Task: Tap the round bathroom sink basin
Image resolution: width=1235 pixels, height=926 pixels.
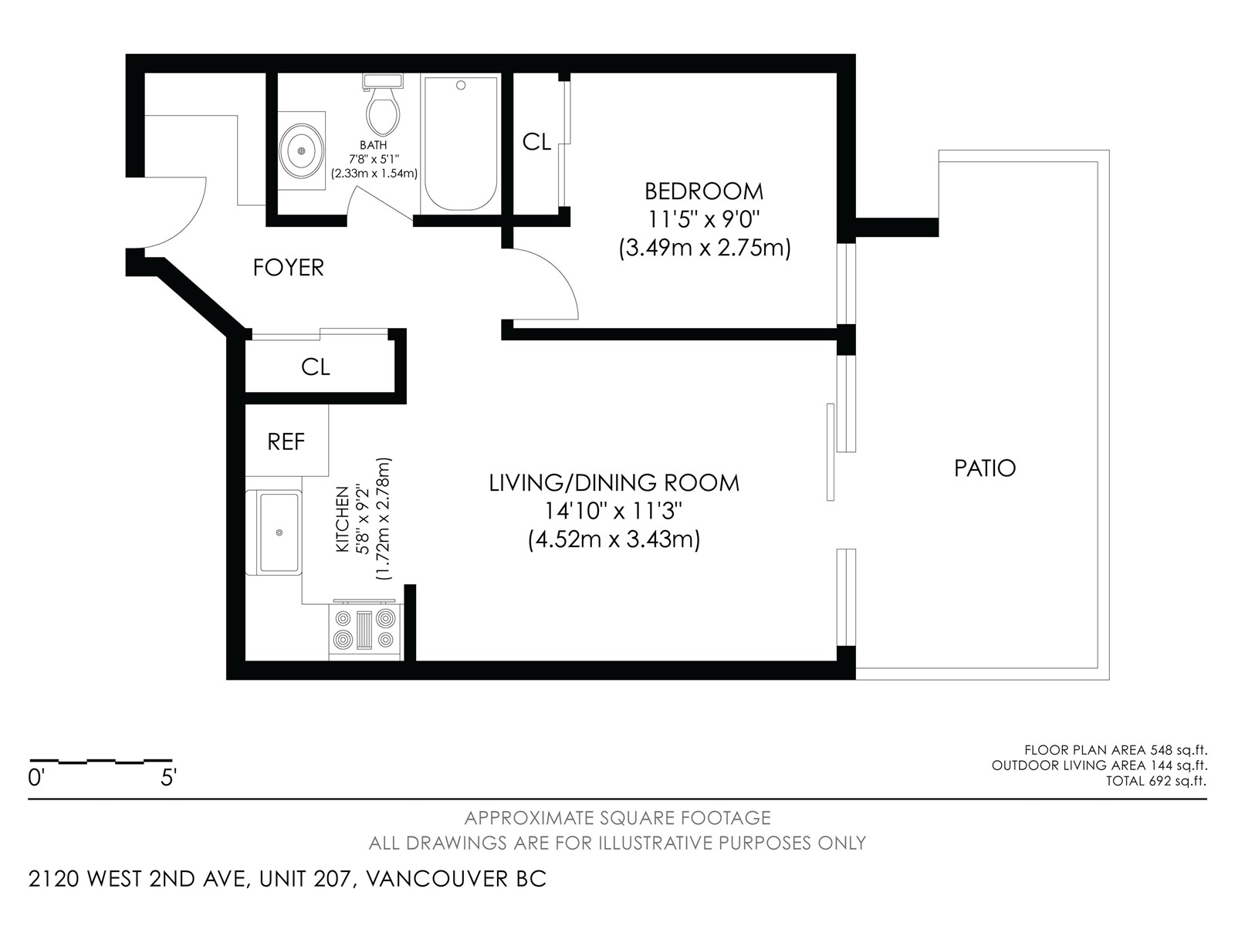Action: click(302, 150)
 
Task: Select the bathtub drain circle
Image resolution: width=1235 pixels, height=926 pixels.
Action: click(461, 86)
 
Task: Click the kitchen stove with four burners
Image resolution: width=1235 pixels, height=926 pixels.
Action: click(364, 629)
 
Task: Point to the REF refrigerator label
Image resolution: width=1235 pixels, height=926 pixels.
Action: click(286, 442)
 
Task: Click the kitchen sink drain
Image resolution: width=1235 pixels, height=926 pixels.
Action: click(279, 532)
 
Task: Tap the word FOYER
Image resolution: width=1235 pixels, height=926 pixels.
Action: click(289, 268)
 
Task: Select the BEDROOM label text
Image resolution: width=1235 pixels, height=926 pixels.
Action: click(704, 191)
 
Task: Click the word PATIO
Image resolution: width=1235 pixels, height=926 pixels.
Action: click(985, 468)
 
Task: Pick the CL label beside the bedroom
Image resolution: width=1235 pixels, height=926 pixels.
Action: click(536, 142)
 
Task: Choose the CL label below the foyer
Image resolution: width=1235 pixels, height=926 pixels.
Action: click(315, 367)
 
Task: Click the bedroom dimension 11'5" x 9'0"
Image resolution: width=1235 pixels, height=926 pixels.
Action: click(704, 219)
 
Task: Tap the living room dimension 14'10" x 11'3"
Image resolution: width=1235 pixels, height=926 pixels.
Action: click(614, 511)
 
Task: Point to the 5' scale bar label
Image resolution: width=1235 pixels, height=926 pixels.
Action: click(168, 778)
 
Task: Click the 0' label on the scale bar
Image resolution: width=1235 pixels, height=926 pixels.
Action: click(36, 778)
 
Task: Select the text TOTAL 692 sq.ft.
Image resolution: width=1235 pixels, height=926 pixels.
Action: click(1156, 781)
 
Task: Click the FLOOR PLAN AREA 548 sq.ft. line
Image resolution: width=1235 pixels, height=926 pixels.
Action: click(1115, 749)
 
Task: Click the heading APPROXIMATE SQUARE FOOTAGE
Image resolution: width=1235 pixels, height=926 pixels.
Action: click(617, 817)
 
